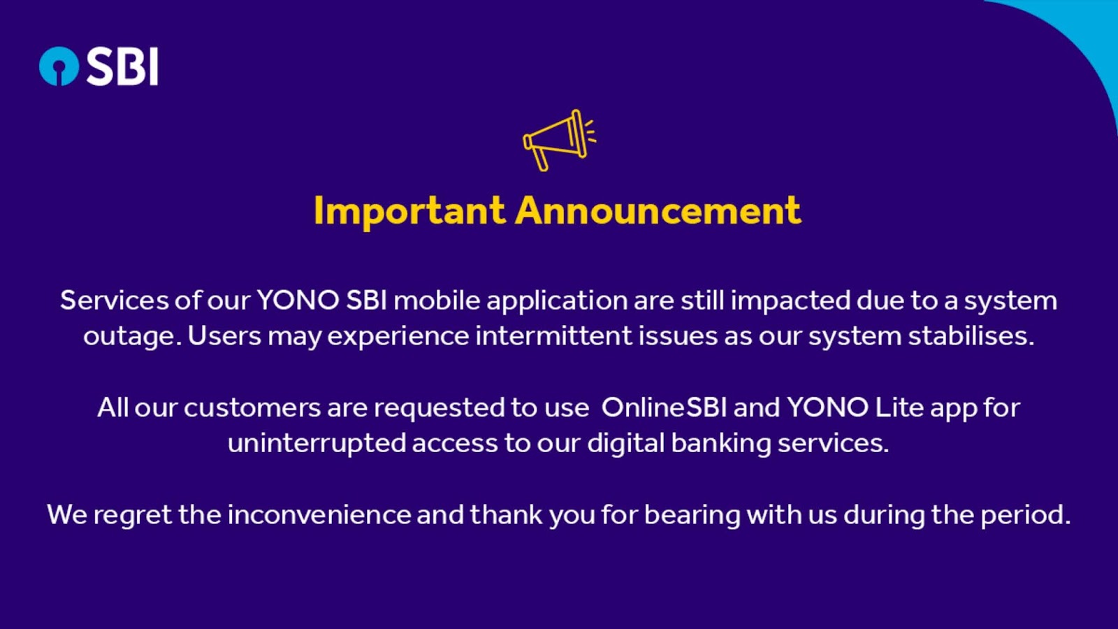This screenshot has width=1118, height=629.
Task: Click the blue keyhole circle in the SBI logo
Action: pyautogui.click(x=59, y=66)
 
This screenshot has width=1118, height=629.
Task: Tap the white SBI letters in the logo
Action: pyautogui.click(x=123, y=66)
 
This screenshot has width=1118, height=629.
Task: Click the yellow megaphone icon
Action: pyautogui.click(x=559, y=140)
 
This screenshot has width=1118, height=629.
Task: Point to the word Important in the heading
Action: pyautogui.click(x=409, y=210)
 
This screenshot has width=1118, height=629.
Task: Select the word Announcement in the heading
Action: pyautogui.click(x=658, y=210)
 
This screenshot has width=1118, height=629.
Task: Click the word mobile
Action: pyautogui.click(x=437, y=301)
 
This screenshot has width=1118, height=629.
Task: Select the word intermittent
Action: pyautogui.click(x=553, y=335)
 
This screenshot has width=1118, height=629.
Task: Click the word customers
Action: pyautogui.click(x=252, y=408)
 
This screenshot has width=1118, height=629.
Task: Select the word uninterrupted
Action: pyautogui.click(x=317, y=444)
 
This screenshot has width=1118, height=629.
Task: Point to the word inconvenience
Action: pyautogui.click(x=319, y=514)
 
